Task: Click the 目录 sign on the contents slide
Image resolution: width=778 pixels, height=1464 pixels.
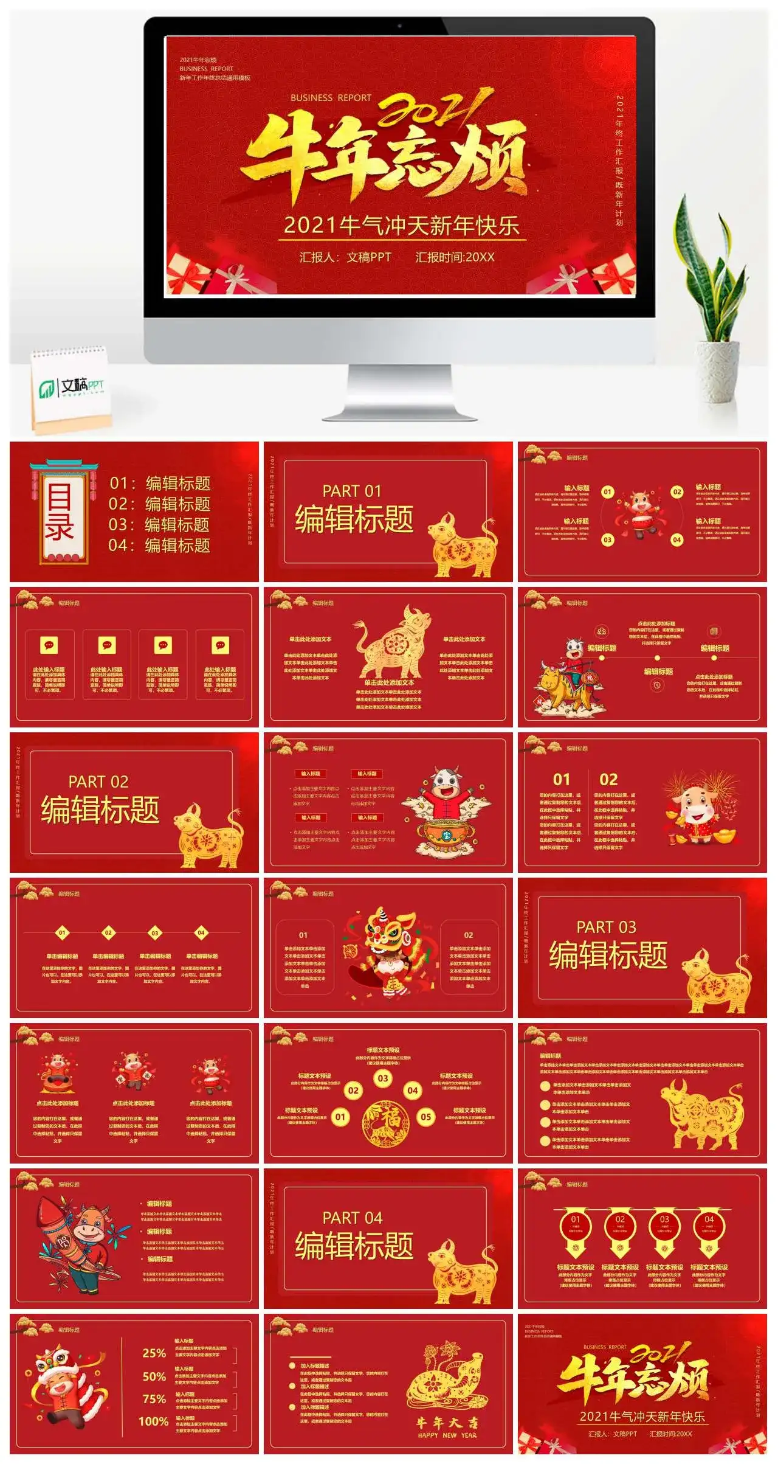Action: (x=60, y=513)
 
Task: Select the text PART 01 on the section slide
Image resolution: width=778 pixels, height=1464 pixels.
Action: (x=351, y=491)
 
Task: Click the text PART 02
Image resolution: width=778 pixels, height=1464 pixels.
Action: (x=98, y=782)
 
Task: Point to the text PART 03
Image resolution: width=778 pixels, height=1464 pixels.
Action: (x=605, y=927)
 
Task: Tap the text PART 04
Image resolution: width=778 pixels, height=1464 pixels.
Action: (x=352, y=1218)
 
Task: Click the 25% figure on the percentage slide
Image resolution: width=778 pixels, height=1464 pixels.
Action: (x=154, y=1353)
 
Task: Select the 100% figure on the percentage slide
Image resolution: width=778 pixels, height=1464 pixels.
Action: (x=153, y=1421)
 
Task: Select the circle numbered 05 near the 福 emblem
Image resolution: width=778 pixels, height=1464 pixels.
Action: (x=426, y=1117)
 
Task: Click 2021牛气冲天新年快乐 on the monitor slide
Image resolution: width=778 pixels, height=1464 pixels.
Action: (x=401, y=226)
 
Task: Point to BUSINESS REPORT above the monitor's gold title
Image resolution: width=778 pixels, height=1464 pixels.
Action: (x=331, y=97)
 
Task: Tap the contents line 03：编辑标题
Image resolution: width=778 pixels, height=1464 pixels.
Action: (x=159, y=524)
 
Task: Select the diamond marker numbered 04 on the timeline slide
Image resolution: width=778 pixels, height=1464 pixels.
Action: (x=201, y=932)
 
